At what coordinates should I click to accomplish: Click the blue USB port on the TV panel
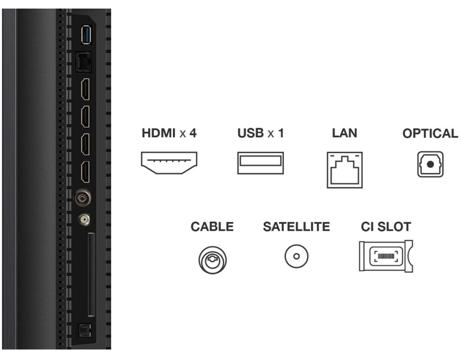pyautogui.click(x=85, y=36)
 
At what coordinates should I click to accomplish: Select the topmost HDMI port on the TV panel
pyautogui.click(x=84, y=89)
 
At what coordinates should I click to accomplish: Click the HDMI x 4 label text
pyautogui.click(x=169, y=133)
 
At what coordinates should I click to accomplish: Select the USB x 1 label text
pyautogui.click(x=260, y=133)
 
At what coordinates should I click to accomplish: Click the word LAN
pyautogui.click(x=344, y=133)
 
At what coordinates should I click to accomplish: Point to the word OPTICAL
pyautogui.click(x=430, y=134)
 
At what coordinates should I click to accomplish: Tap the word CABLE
pyautogui.click(x=212, y=227)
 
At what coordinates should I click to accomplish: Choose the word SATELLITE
pyautogui.click(x=296, y=227)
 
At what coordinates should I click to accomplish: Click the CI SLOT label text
pyautogui.click(x=386, y=227)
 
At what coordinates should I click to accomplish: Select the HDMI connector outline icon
pyautogui.click(x=169, y=163)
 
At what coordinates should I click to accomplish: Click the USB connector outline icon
pyautogui.click(x=260, y=163)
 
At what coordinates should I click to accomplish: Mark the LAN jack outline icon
pyautogui.click(x=345, y=169)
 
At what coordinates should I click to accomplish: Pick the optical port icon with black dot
pyautogui.click(x=430, y=164)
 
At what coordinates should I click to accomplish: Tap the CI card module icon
pyautogui.click(x=385, y=256)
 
